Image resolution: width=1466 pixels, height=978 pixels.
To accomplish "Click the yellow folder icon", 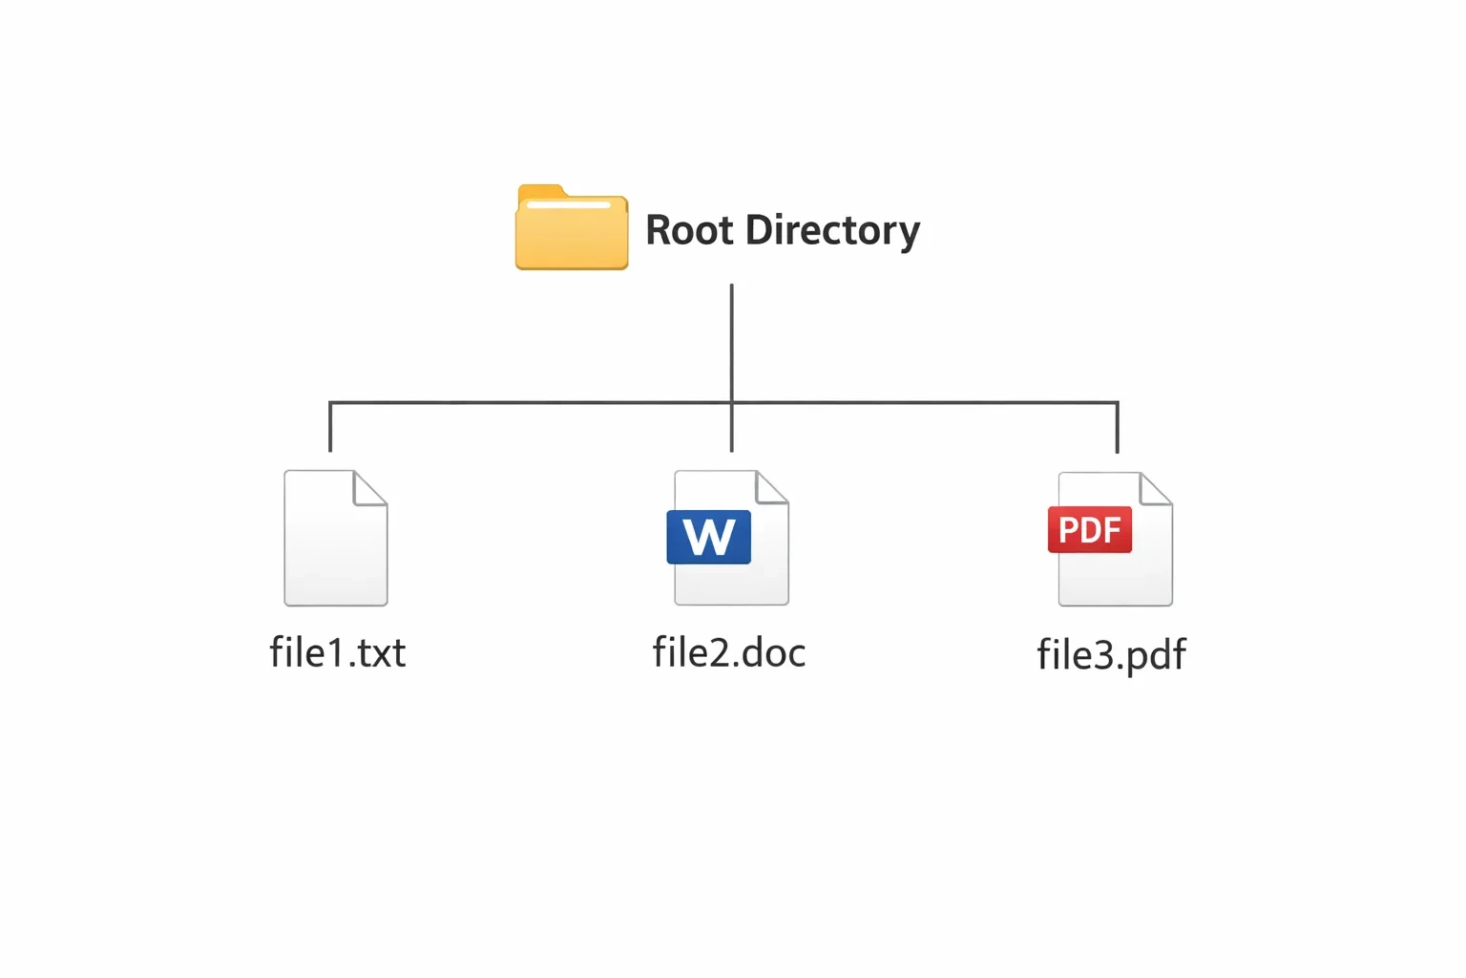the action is [572, 227].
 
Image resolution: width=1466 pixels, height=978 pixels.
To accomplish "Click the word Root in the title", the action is [689, 230].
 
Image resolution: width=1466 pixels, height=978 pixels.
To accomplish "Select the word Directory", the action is [832, 232].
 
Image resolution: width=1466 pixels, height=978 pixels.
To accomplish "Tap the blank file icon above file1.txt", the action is [336, 538].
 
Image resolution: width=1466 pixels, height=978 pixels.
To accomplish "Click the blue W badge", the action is [709, 537].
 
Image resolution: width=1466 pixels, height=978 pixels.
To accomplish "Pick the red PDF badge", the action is [1090, 529].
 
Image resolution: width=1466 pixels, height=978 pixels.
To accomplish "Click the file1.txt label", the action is [338, 652].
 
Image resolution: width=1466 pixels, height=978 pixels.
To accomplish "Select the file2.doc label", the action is [729, 652].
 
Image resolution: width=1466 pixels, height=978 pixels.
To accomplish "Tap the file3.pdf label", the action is [1111, 655].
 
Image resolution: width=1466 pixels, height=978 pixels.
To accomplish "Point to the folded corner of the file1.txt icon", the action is [368, 489].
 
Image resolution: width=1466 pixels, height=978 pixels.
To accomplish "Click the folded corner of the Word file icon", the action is [770, 487].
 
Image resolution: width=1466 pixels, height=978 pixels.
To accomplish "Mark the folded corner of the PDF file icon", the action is [1155, 489].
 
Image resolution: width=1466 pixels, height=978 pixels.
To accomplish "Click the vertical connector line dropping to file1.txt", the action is [330, 426].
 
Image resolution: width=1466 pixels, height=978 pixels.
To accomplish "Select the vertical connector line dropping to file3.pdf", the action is [1118, 427].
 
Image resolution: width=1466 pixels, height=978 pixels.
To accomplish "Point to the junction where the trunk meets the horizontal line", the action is [732, 402].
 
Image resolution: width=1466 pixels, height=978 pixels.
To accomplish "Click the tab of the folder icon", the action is [541, 191].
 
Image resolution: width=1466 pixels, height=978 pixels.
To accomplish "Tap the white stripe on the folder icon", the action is [569, 205].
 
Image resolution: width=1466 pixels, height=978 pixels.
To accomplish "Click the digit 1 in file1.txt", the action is [335, 652].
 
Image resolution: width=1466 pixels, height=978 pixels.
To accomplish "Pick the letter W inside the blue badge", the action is [709, 537].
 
